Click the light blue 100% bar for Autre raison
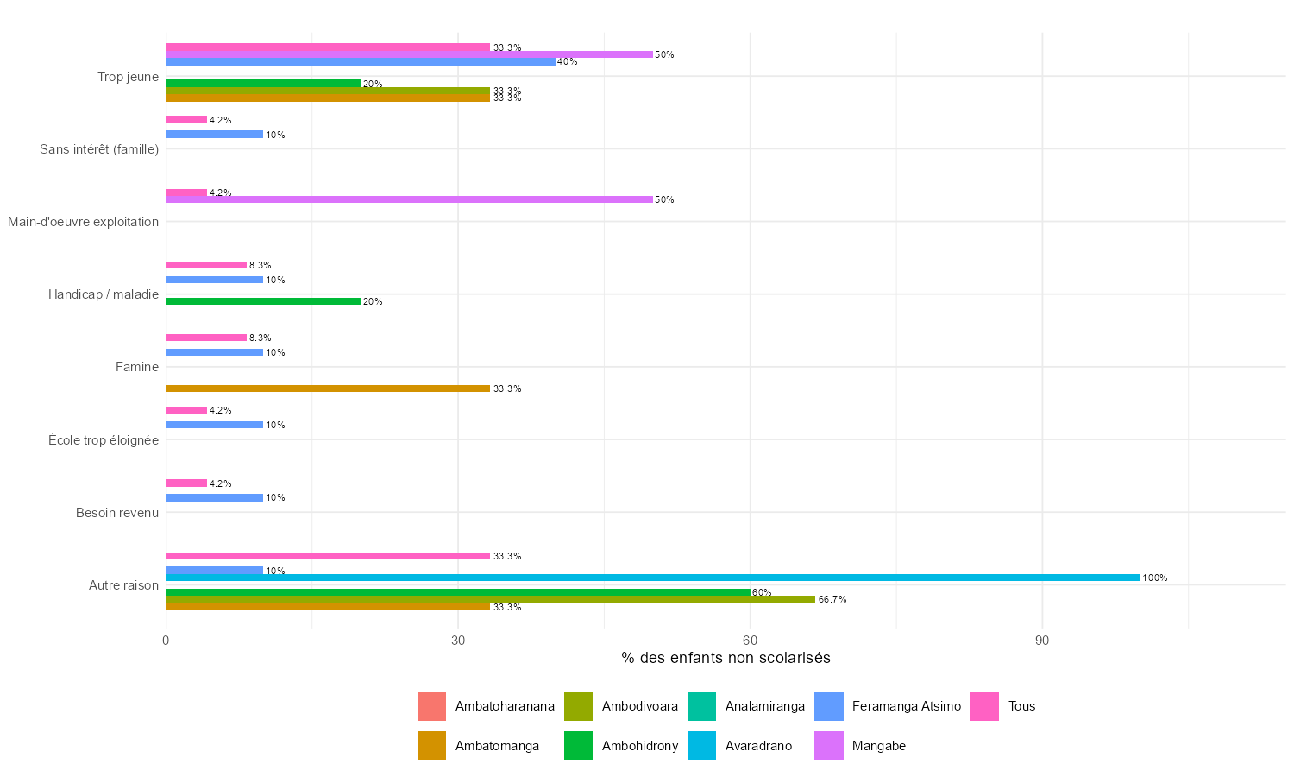pos(652,578)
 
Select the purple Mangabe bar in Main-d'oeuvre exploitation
pos(409,199)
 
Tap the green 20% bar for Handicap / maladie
pos(263,301)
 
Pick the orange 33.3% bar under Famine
pos(328,388)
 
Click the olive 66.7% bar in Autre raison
pos(490,599)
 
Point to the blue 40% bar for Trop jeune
pos(361,62)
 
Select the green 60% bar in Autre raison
pos(457,592)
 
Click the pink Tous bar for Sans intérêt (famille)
pos(186,120)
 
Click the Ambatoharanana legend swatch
pos(431,706)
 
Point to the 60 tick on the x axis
pos(750,641)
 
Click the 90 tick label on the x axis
pos(1042,641)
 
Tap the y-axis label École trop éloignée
pos(104,440)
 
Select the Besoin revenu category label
pos(117,513)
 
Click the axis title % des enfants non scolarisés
pos(726,659)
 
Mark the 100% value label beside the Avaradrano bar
pos(1154,578)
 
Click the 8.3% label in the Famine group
pos(260,338)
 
